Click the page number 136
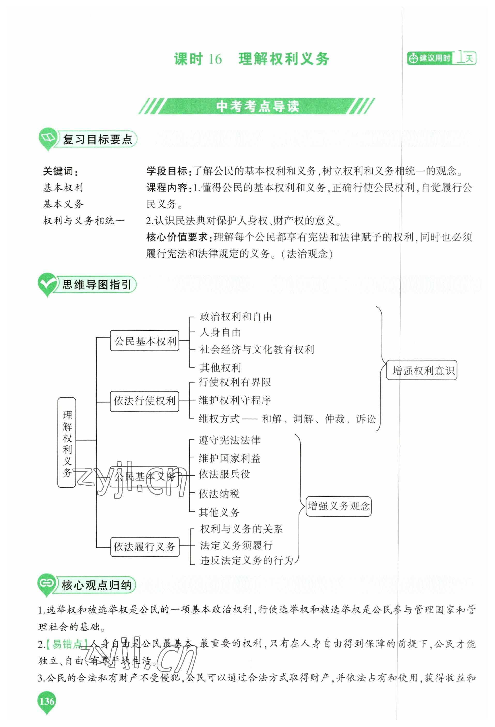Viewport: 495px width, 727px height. point(47,701)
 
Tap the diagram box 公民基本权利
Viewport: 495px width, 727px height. point(144,341)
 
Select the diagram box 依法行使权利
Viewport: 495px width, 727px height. point(144,401)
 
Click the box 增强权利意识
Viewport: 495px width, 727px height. point(421,371)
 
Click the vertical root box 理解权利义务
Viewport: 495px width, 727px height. point(67,443)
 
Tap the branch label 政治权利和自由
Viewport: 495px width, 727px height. point(236,317)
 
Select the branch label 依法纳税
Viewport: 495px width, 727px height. point(219,494)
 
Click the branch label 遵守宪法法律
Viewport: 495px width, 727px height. point(230,440)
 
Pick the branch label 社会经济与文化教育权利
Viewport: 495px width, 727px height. point(257,350)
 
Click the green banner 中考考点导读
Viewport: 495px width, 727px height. point(257,107)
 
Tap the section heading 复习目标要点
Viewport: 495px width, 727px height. point(97,139)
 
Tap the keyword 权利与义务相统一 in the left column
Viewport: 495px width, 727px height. point(83,221)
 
